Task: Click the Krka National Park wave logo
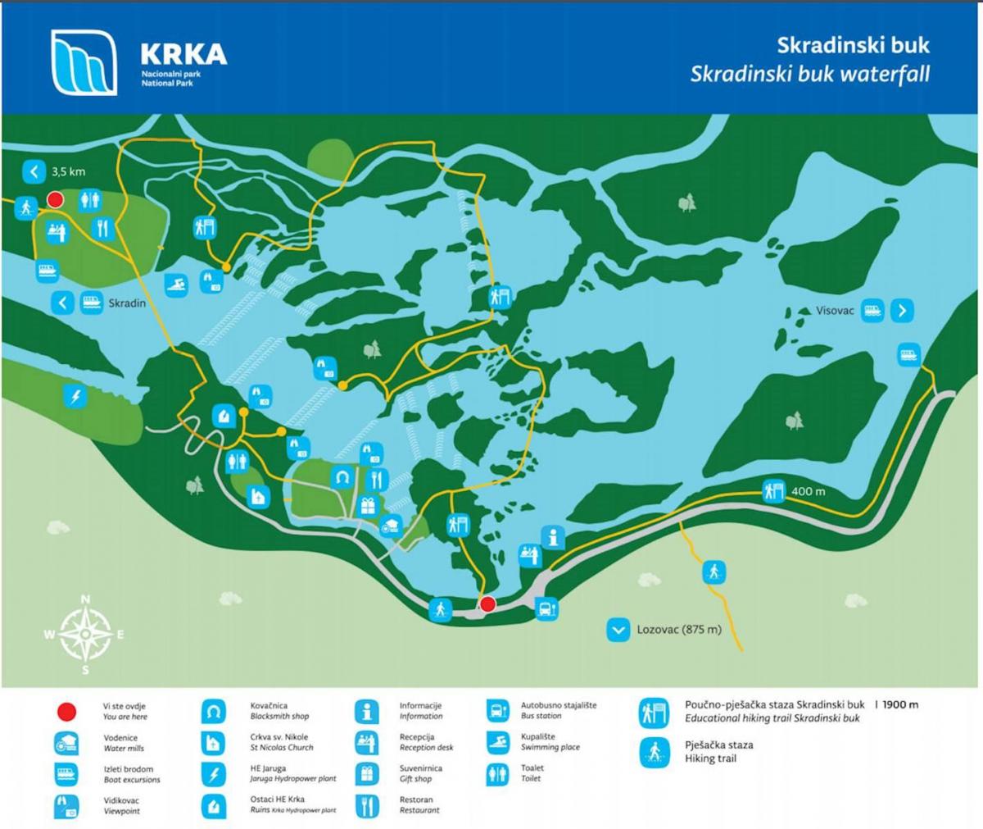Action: (x=84, y=62)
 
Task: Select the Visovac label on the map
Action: (x=836, y=311)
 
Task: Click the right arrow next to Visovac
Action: (x=902, y=311)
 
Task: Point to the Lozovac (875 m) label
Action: (x=679, y=630)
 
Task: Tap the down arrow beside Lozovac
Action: (x=617, y=630)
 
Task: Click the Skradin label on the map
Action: (x=127, y=303)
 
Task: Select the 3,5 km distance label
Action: (x=68, y=172)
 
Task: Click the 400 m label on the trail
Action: (x=808, y=492)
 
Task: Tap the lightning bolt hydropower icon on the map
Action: (x=75, y=397)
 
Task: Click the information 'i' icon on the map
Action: (x=555, y=538)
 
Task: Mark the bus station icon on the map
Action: (x=546, y=609)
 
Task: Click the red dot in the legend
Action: (x=66, y=711)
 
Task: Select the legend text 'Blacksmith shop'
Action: (x=279, y=717)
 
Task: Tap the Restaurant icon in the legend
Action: (x=366, y=805)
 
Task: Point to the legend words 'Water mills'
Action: (x=124, y=749)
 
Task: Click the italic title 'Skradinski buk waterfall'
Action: (x=809, y=74)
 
